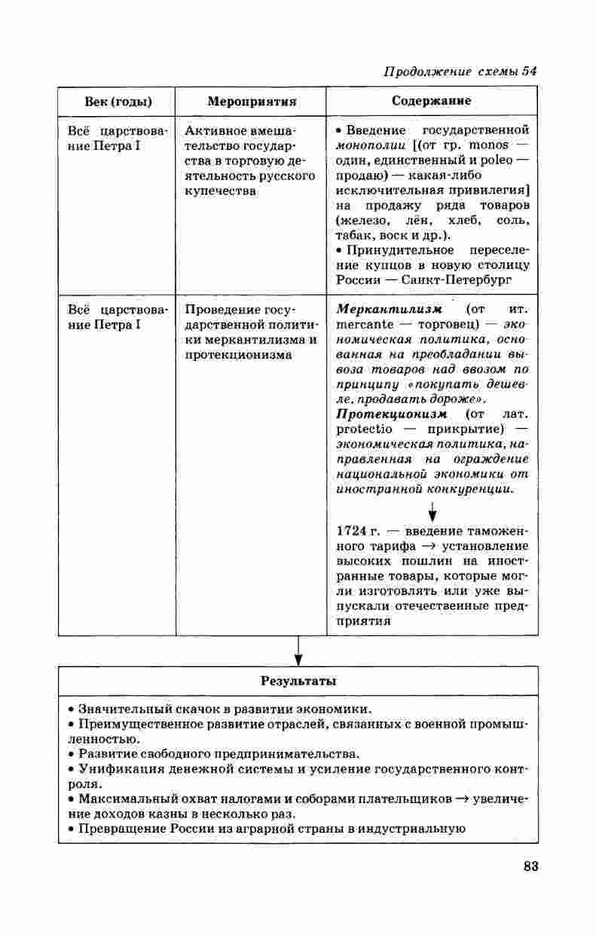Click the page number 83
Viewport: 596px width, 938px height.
(x=530, y=866)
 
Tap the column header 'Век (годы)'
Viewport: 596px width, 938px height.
(x=116, y=101)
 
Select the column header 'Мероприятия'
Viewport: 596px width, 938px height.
(x=251, y=101)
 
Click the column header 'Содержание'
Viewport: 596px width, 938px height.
(x=432, y=100)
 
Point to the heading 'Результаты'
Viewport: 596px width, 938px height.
(x=298, y=680)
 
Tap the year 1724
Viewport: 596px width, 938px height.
(x=351, y=532)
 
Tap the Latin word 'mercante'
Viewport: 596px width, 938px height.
(x=365, y=325)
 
